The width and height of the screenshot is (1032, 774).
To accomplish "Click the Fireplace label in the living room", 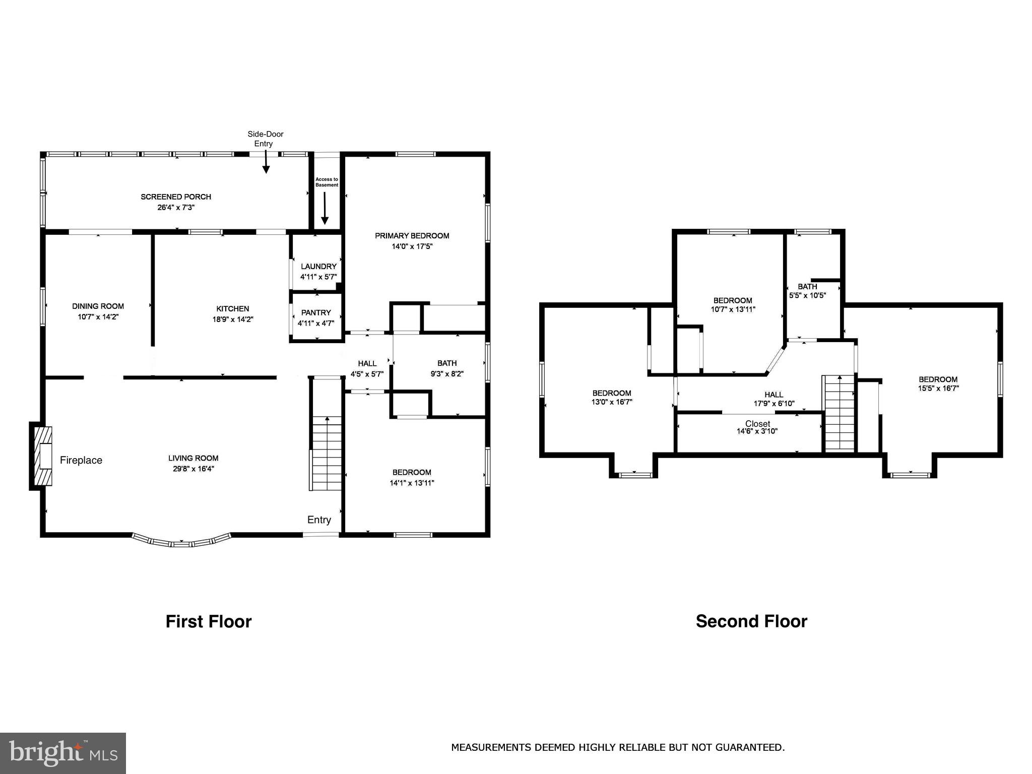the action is [81, 460].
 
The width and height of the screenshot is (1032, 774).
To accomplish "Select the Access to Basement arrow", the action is [325, 208].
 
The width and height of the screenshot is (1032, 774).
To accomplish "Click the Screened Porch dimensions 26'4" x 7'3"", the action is [176, 207].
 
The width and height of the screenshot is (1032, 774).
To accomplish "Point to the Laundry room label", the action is [318, 266].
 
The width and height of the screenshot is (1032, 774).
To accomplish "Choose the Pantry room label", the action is [316, 312].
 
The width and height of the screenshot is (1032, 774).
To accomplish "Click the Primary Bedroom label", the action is [412, 235].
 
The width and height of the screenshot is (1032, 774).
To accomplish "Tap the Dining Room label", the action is [98, 306].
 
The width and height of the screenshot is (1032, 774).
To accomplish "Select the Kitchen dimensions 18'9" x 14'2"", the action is [233, 319].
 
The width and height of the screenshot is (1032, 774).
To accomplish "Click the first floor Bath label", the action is [447, 363].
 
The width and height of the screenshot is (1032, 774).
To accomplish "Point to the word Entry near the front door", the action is [319, 520].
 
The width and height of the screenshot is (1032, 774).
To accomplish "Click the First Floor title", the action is [209, 621].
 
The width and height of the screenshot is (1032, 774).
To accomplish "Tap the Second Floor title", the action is [751, 621].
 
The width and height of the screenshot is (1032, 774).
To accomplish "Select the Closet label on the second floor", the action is [757, 424].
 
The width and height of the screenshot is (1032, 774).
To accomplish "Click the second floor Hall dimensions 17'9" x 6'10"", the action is [774, 403].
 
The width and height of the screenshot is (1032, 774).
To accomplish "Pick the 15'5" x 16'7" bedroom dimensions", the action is [938, 388].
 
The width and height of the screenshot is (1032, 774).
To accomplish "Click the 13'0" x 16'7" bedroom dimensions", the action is [612, 402].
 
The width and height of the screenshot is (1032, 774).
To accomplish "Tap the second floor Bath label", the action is [807, 287].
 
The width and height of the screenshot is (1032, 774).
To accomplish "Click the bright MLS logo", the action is [63, 753].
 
